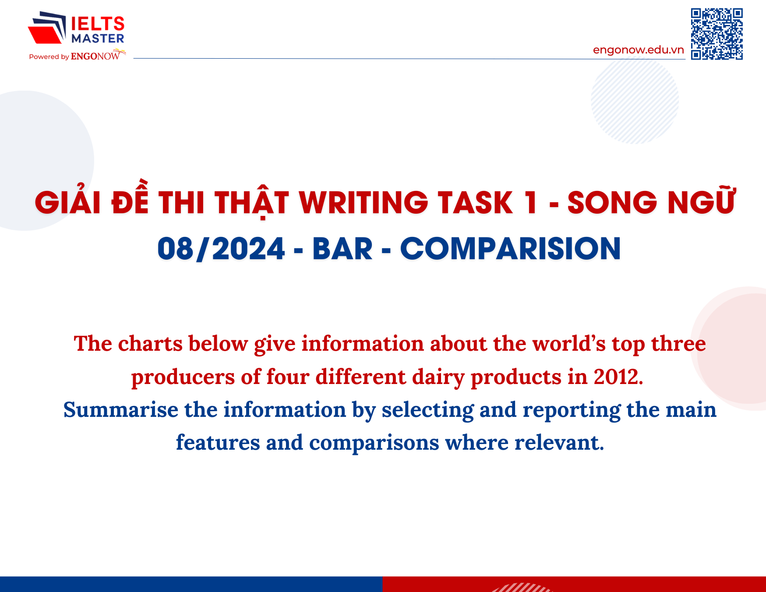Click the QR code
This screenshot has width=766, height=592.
pyautogui.click(x=717, y=34)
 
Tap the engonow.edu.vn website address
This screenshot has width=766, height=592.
pyautogui.click(x=639, y=50)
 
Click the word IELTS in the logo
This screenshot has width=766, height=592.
pyautogui.click(x=98, y=24)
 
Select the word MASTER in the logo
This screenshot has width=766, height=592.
pyautogui.click(x=98, y=39)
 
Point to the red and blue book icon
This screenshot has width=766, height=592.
pyautogui.click(x=47, y=28)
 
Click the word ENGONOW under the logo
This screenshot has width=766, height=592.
pyautogui.click(x=95, y=56)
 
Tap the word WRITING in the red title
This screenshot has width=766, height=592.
pyautogui.click(x=363, y=203)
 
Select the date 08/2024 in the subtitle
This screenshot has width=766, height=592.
pyautogui.click(x=221, y=249)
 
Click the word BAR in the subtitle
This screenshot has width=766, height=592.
pyautogui.click(x=342, y=249)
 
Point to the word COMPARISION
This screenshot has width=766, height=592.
pyautogui.click(x=511, y=249)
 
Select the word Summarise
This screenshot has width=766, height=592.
pyautogui.click(x=120, y=410)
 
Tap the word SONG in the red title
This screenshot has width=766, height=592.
pyautogui.click(x=612, y=203)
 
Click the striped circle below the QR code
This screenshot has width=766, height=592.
pyautogui.click(x=635, y=100)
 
